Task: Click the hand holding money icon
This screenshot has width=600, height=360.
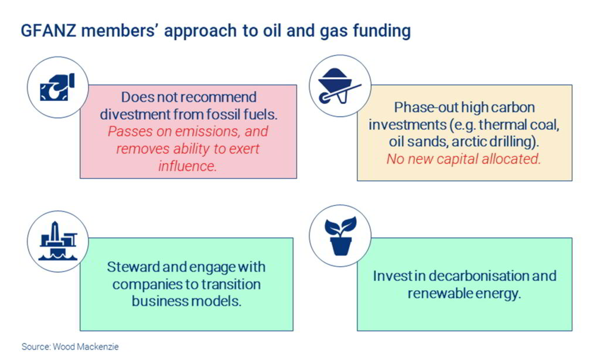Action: click(57, 86)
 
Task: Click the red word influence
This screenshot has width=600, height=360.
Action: click(187, 165)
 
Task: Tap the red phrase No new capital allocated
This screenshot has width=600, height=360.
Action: click(463, 159)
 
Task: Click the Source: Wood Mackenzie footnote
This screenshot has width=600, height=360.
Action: click(70, 347)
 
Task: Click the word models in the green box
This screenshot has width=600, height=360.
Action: click(213, 302)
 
